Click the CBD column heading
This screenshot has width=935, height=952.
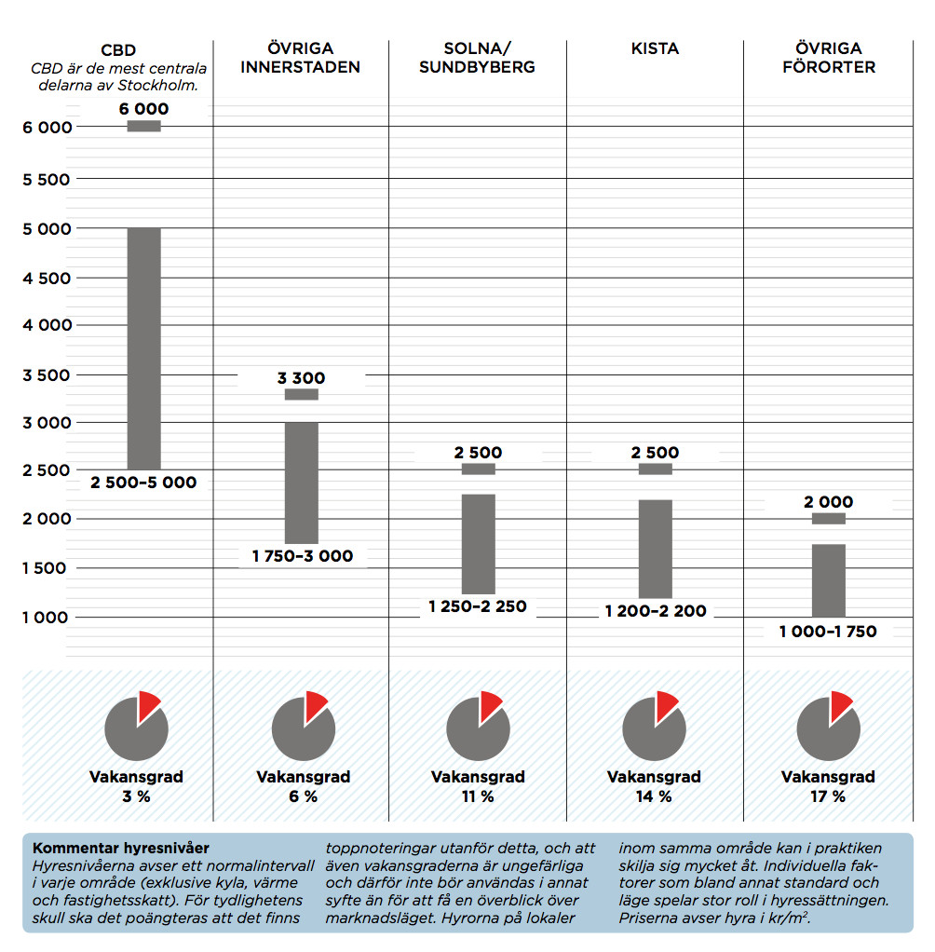point(117,49)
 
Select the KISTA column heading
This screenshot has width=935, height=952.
point(655,49)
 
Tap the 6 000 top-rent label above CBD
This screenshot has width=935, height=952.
point(143,109)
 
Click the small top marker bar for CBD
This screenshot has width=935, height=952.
point(143,127)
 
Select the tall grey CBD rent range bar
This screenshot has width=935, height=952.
point(143,348)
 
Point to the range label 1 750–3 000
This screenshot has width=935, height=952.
point(302,556)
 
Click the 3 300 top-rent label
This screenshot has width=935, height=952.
point(301,378)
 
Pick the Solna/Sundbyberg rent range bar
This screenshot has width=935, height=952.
point(478,544)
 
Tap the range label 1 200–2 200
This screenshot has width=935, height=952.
point(655,611)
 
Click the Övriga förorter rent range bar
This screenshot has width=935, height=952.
point(828,580)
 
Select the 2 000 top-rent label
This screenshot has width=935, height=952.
point(828,502)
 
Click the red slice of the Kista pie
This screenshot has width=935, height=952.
point(666,705)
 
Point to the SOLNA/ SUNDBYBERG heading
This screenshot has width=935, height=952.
point(477,58)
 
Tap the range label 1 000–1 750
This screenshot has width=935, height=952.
point(828,632)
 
